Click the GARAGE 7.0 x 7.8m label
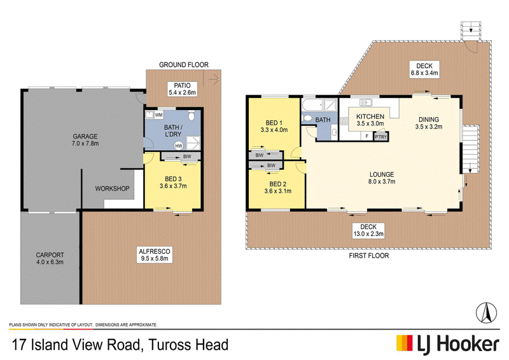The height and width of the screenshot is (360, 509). click(x=85, y=139)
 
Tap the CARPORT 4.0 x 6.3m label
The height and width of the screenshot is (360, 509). click(x=50, y=258)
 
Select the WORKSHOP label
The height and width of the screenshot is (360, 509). click(x=112, y=189)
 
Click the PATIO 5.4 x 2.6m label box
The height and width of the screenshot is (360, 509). click(x=182, y=89)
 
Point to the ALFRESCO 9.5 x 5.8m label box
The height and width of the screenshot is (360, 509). click(x=155, y=255)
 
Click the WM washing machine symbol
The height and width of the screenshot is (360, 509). click(x=158, y=115)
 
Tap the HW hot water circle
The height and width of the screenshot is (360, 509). click(x=179, y=146)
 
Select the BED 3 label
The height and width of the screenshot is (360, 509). click(x=173, y=179)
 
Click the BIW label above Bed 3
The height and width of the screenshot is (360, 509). click(x=187, y=156)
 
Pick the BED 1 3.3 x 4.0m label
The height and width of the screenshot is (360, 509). click(x=274, y=127)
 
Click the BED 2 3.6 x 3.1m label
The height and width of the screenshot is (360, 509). click(x=277, y=188)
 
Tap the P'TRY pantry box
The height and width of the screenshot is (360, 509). click(x=380, y=137)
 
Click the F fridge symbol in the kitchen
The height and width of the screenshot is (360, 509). click(x=367, y=136)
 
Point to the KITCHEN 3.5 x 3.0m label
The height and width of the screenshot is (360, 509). click(x=370, y=120)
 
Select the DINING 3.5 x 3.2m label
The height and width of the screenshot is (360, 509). click(x=428, y=123)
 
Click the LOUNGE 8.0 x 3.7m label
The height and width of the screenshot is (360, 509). click(x=381, y=178)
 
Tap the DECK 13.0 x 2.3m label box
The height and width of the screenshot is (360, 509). click(x=368, y=230)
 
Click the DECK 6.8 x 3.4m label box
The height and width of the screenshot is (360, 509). click(x=424, y=69)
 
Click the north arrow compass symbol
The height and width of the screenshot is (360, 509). click(x=486, y=312)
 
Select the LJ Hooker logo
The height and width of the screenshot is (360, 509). click(x=448, y=343)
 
